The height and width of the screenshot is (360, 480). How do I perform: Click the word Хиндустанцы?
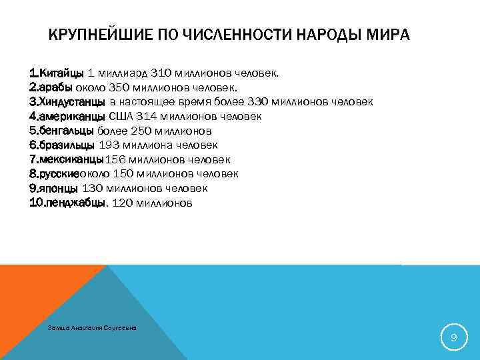point(73,101)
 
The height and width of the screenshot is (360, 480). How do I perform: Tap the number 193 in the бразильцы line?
point(111,145)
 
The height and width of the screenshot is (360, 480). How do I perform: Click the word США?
point(120,116)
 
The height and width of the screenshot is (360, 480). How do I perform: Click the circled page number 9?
point(453,339)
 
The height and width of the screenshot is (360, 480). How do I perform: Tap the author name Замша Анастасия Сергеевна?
point(93,327)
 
